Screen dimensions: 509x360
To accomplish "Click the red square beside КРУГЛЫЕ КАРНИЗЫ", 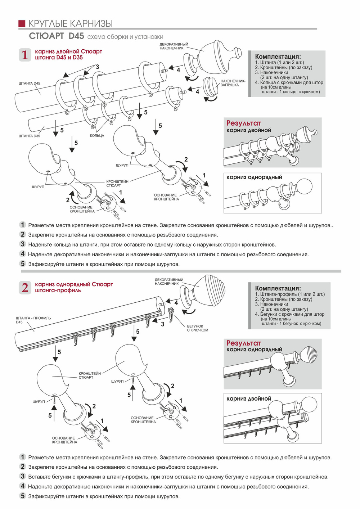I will [22, 23].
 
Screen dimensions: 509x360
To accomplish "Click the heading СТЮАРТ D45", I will [57, 36].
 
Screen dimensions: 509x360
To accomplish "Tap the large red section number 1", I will [24, 55].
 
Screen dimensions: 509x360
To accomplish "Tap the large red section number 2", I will [24, 288].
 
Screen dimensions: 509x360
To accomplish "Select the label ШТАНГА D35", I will [30, 136].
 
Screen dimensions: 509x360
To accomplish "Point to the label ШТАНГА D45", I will [30, 84].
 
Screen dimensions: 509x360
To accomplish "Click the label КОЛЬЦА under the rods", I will [97, 136].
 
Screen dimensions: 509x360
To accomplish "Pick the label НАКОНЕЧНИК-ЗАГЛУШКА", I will [233, 83].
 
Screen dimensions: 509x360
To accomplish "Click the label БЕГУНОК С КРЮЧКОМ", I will [197, 328].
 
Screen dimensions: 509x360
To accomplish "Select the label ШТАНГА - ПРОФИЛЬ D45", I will [33, 320].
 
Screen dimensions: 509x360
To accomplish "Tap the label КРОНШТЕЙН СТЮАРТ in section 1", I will [117, 184].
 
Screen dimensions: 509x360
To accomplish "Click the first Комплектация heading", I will [278, 57].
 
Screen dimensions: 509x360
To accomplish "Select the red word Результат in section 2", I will [243, 343].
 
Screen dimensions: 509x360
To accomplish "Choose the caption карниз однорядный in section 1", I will [254, 177].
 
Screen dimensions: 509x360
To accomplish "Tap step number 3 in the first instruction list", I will [23, 244].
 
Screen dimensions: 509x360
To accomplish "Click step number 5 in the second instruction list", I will [23, 496].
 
